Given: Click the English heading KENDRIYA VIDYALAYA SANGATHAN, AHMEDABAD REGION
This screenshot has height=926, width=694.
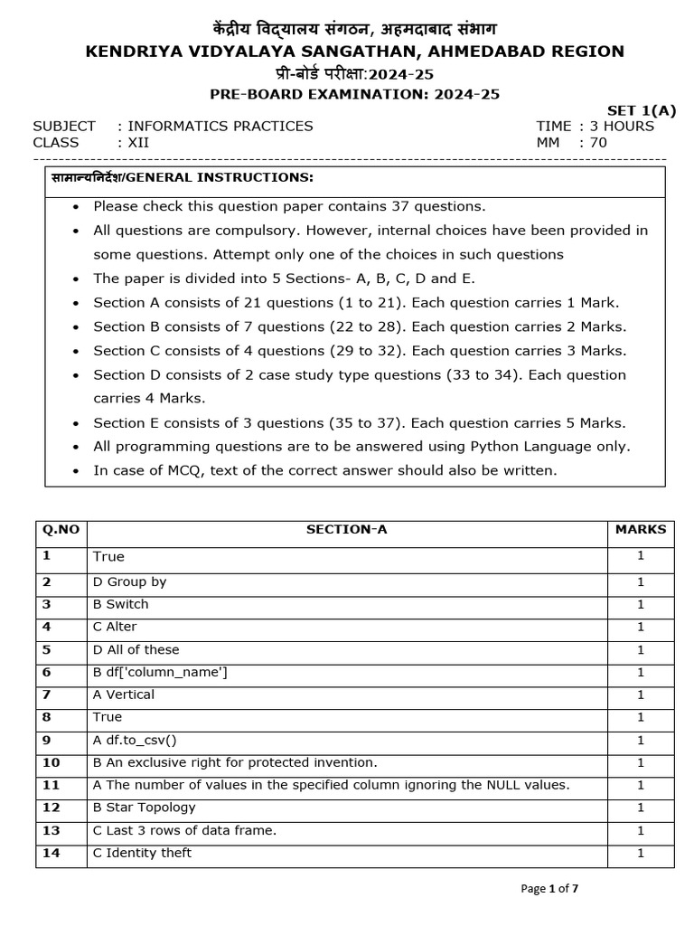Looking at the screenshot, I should [x=354, y=52].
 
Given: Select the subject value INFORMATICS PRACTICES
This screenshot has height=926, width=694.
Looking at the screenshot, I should [x=220, y=127].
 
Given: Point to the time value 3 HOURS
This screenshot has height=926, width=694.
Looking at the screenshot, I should [x=622, y=127].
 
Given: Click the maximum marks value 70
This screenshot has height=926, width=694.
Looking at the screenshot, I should [x=598, y=143].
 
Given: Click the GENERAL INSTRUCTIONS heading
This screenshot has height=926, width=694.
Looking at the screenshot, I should [x=180, y=176].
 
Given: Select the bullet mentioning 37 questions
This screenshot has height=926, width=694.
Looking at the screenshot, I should [x=289, y=206].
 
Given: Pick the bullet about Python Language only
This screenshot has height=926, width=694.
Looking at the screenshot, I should [x=361, y=446].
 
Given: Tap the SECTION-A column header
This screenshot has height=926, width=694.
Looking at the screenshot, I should [x=346, y=530].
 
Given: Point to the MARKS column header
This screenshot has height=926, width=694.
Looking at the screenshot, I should [x=640, y=530].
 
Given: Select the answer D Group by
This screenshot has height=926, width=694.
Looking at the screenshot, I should [x=129, y=582].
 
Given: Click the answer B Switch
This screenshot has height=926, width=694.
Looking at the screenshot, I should [x=120, y=604].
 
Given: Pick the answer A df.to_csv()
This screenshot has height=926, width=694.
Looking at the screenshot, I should [x=135, y=740].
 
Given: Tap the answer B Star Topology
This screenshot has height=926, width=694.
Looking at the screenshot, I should [x=144, y=808].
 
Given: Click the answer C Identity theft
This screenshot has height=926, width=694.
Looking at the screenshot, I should [x=142, y=853].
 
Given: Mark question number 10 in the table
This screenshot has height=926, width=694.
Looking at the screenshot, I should [x=51, y=762].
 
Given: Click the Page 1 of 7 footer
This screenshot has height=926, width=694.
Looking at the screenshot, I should [x=549, y=889].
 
